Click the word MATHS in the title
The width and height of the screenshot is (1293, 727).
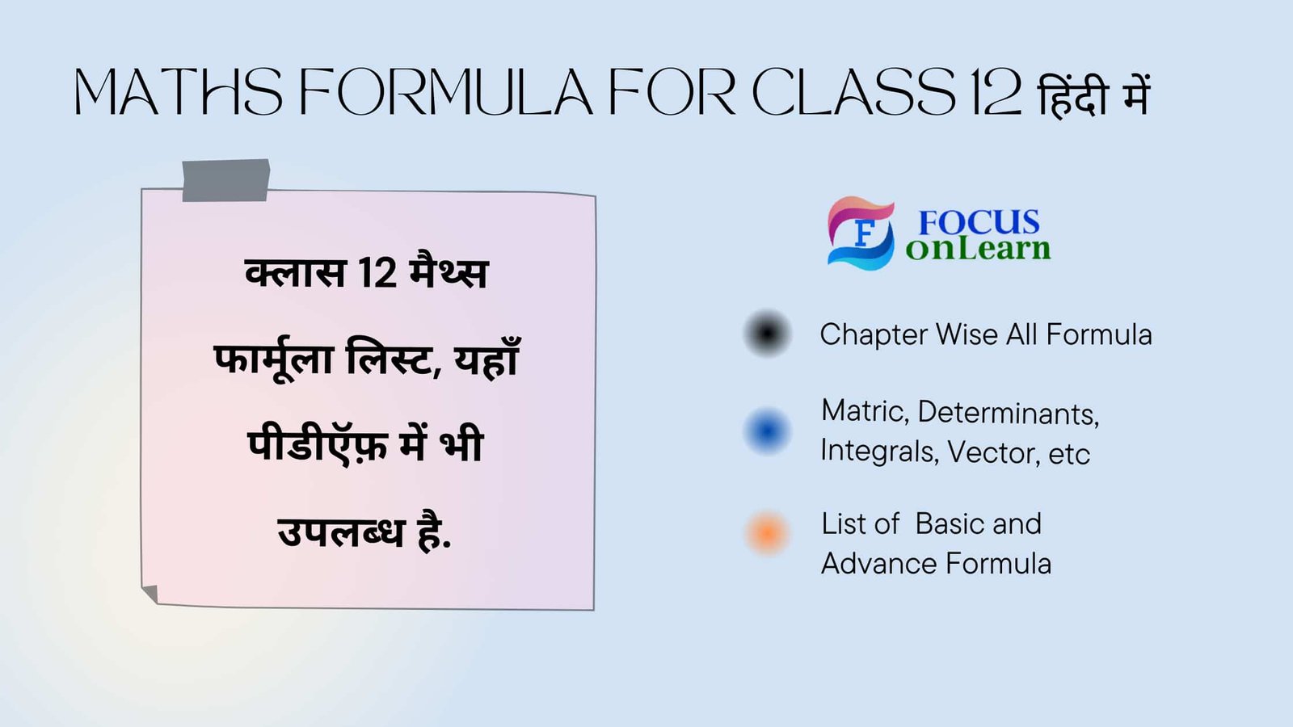click(179, 92)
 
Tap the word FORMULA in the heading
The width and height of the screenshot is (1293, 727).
click(446, 92)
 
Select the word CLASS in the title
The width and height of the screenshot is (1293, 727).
click(853, 92)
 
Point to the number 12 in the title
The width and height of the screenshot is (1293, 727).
click(996, 92)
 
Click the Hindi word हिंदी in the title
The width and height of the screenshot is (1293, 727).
click(1072, 95)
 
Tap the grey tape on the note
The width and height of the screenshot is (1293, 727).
click(225, 179)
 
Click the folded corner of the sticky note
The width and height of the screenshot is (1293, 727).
click(150, 595)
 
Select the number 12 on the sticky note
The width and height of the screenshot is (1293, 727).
click(377, 273)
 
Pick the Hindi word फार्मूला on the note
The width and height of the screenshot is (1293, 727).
click(273, 359)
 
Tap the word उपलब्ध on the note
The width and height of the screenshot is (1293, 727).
click(340, 533)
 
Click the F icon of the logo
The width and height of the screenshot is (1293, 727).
click(861, 233)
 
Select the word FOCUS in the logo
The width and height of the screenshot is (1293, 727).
click(979, 222)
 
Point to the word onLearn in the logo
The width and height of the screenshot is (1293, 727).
click(978, 249)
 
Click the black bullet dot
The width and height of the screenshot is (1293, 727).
click(767, 333)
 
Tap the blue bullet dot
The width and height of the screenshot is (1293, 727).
click(767, 430)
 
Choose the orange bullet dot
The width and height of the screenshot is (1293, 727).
click(767, 533)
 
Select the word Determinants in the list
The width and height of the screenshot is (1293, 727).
click(1008, 413)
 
